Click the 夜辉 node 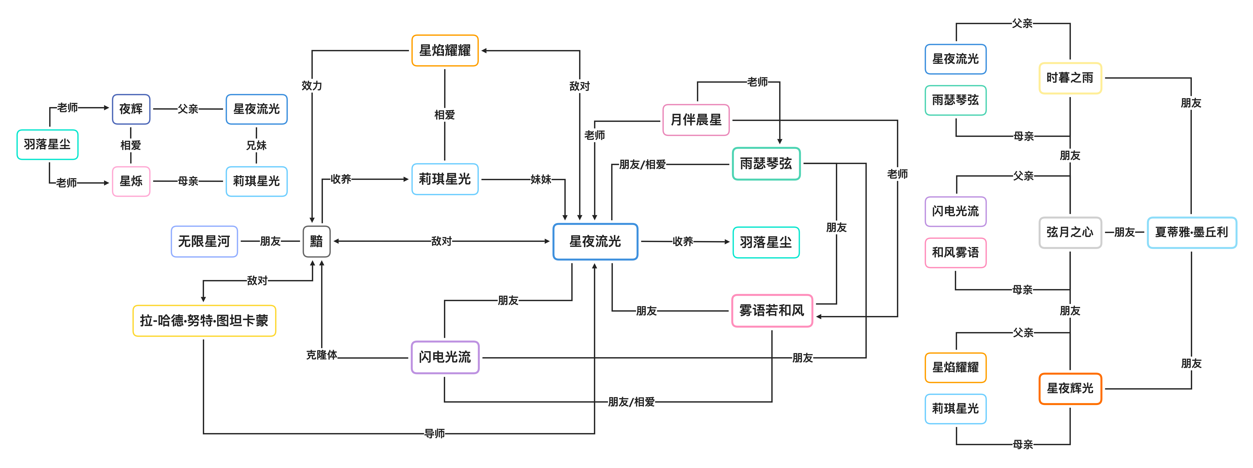tap(131, 109)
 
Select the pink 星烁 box tap(131, 181)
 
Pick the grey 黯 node tap(316, 241)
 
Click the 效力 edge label tap(312, 86)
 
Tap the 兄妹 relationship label tap(256, 145)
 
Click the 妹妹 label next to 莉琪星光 tap(540, 180)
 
